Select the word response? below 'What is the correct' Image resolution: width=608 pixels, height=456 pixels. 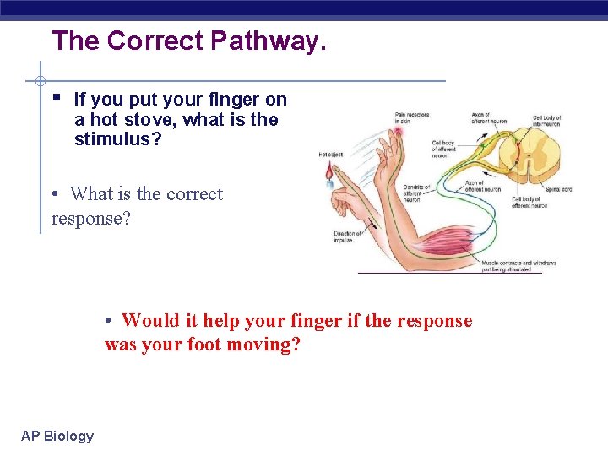point(90,219)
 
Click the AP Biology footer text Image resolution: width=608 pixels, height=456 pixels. point(57,436)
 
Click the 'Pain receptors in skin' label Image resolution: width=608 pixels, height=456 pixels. point(411,117)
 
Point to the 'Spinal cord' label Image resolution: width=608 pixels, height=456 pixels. point(557,189)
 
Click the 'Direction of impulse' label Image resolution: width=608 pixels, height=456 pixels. point(348,236)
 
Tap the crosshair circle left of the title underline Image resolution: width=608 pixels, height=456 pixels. point(40,81)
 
